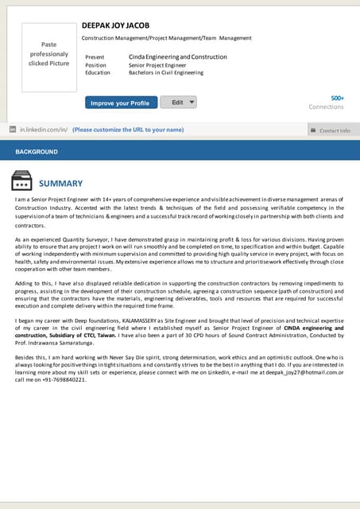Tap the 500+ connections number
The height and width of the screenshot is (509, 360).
coord(337,98)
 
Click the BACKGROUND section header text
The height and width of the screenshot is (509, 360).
coord(37,151)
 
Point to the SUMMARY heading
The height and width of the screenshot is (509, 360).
coord(60,183)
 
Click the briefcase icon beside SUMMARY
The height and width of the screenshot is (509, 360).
coord(21,182)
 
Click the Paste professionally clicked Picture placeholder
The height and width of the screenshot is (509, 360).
coord(48,53)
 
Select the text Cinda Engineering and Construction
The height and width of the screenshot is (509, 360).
coord(177,57)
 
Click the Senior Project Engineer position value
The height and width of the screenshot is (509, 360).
coord(157,65)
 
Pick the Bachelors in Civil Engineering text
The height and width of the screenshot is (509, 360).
coord(166,72)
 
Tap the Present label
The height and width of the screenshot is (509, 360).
coord(95,57)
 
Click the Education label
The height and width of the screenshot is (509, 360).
coord(98,72)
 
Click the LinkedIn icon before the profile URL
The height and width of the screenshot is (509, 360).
coord(13,129)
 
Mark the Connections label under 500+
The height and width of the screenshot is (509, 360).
coord(326,107)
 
